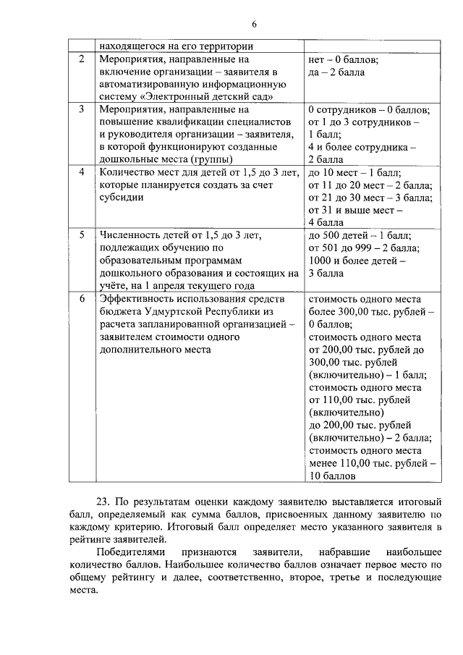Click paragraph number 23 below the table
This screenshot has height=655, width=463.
tap(103, 501)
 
